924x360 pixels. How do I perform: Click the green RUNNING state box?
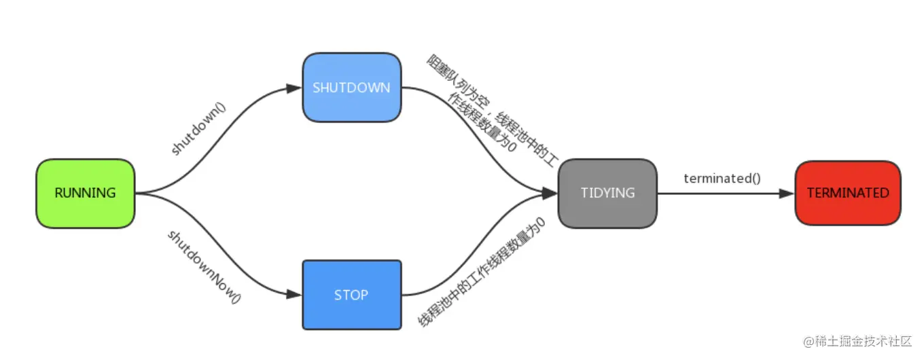pyautogui.click(x=86, y=194)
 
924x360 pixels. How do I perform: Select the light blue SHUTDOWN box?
pyautogui.click(x=351, y=88)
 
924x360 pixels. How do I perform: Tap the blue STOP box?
pyautogui.click(x=351, y=295)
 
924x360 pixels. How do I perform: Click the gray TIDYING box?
pyautogui.click(x=607, y=193)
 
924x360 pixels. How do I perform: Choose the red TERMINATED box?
pyautogui.click(x=847, y=193)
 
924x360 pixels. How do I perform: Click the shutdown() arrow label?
pyautogui.click(x=198, y=129)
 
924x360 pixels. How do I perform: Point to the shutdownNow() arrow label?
pyautogui.click(x=204, y=266)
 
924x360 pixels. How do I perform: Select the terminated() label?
pyautogui.click(x=722, y=179)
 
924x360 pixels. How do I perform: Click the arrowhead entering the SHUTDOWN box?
pyautogui.click(x=294, y=88)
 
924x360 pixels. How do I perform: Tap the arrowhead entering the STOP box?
pyautogui.click(x=294, y=295)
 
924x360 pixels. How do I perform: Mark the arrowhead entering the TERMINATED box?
pyautogui.click(x=787, y=194)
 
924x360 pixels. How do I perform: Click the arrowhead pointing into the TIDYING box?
pyautogui.click(x=550, y=194)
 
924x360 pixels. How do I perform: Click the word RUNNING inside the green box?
pyautogui.click(x=86, y=194)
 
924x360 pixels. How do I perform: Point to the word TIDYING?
pyautogui.click(x=607, y=193)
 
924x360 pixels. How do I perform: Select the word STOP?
pyautogui.click(x=351, y=295)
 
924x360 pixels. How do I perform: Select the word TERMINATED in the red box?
pyautogui.click(x=847, y=193)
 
